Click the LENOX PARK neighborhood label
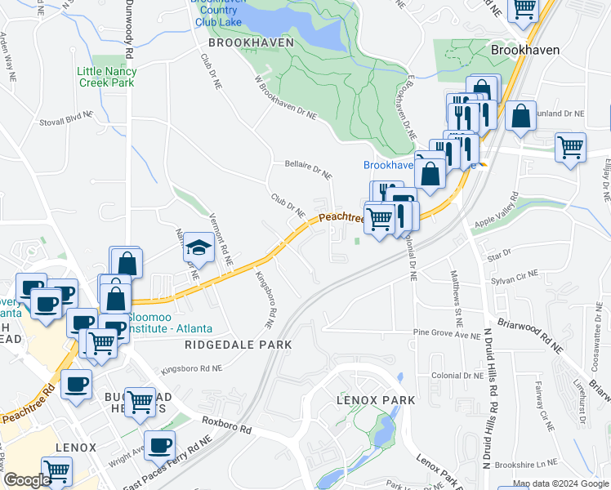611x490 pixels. click(x=376, y=400)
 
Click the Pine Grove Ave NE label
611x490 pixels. click(x=447, y=334)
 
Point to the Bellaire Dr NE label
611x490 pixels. click(x=308, y=169)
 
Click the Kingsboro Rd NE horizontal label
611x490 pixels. click(x=192, y=369)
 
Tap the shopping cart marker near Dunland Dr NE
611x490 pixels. click(x=570, y=148)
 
